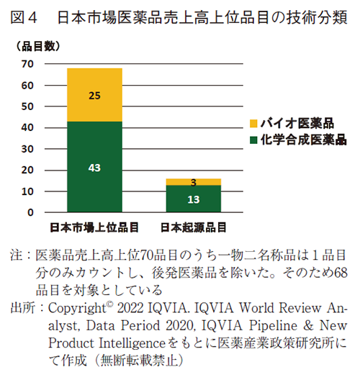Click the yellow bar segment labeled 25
point(94,94)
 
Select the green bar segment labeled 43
point(94,167)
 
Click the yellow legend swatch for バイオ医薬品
point(253,124)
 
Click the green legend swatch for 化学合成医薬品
point(253,140)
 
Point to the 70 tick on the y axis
point(28,64)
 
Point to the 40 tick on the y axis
point(28,128)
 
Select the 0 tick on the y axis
point(31,213)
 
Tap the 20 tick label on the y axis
point(28,171)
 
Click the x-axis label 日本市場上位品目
point(94,228)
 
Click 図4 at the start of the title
point(24,16)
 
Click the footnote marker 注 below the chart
point(16,255)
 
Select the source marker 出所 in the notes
point(22,308)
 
